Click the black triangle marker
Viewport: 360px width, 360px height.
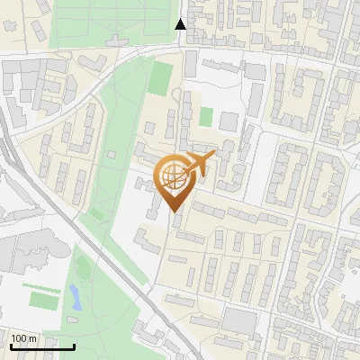tap(181, 23)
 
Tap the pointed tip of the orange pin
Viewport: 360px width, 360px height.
tap(174, 212)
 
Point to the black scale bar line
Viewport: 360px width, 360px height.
tap(42, 346)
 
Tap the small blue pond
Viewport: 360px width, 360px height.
tap(75, 296)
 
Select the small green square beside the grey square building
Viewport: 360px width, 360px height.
tap(206, 117)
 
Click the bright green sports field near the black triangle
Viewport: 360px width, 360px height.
tap(160, 77)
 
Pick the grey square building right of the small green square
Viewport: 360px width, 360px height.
tap(229, 120)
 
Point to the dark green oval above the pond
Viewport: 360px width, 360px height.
tap(83, 267)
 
